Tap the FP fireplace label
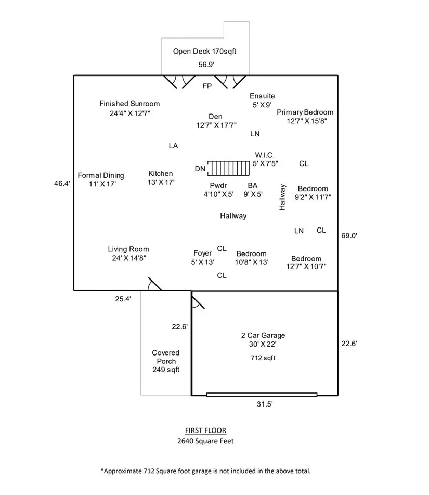207,86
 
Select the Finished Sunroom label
129,104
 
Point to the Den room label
215,117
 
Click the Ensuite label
262,96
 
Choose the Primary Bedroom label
305,112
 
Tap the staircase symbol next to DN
228,168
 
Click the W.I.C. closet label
265,155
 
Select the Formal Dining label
101,175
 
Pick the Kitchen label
161,174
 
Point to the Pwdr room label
218,186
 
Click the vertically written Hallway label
283,197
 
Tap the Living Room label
128,250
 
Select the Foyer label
203,253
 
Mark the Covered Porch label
166,357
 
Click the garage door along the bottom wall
262,395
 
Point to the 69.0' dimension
348,235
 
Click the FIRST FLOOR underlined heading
206,430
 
